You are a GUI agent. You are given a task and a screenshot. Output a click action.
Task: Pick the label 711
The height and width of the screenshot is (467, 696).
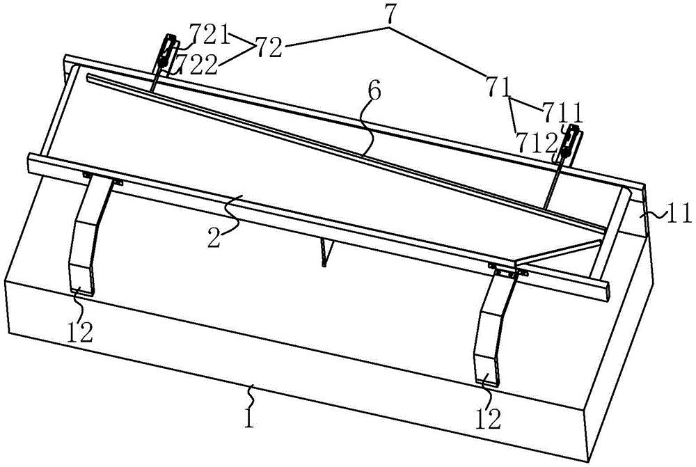pyautogui.click(x=561, y=111)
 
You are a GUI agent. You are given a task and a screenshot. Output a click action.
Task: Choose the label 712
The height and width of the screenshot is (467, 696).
pyautogui.click(x=537, y=142)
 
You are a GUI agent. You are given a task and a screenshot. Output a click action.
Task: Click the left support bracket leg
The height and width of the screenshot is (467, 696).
pyautogui.click(x=88, y=237)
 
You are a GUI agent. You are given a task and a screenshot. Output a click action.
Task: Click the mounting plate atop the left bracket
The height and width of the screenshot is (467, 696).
pyautogui.click(x=101, y=178)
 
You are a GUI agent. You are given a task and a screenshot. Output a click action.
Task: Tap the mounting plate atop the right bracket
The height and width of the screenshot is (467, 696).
pyautogui.click(x=506, y=270)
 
